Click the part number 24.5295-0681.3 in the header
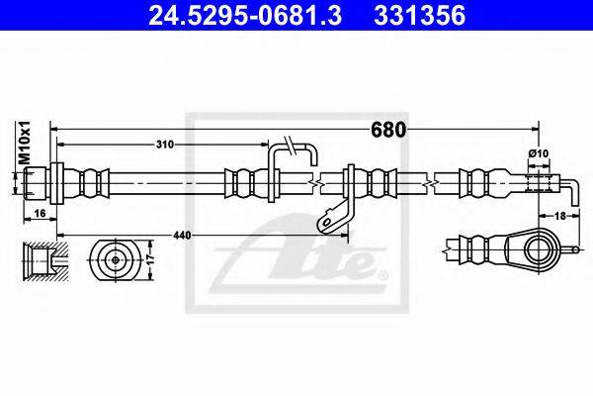click(245, 16)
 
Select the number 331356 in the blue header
click(419, 16)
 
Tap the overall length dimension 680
click(388, 130)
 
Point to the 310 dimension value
click(165, 145)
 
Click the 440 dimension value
click(182, 236)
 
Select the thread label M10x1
click(25, 143)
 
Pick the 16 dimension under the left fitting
click(40, 214)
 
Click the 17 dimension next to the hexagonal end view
click(150, 259)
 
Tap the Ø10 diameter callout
click(539, 153)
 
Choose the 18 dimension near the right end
click(559, 216)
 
